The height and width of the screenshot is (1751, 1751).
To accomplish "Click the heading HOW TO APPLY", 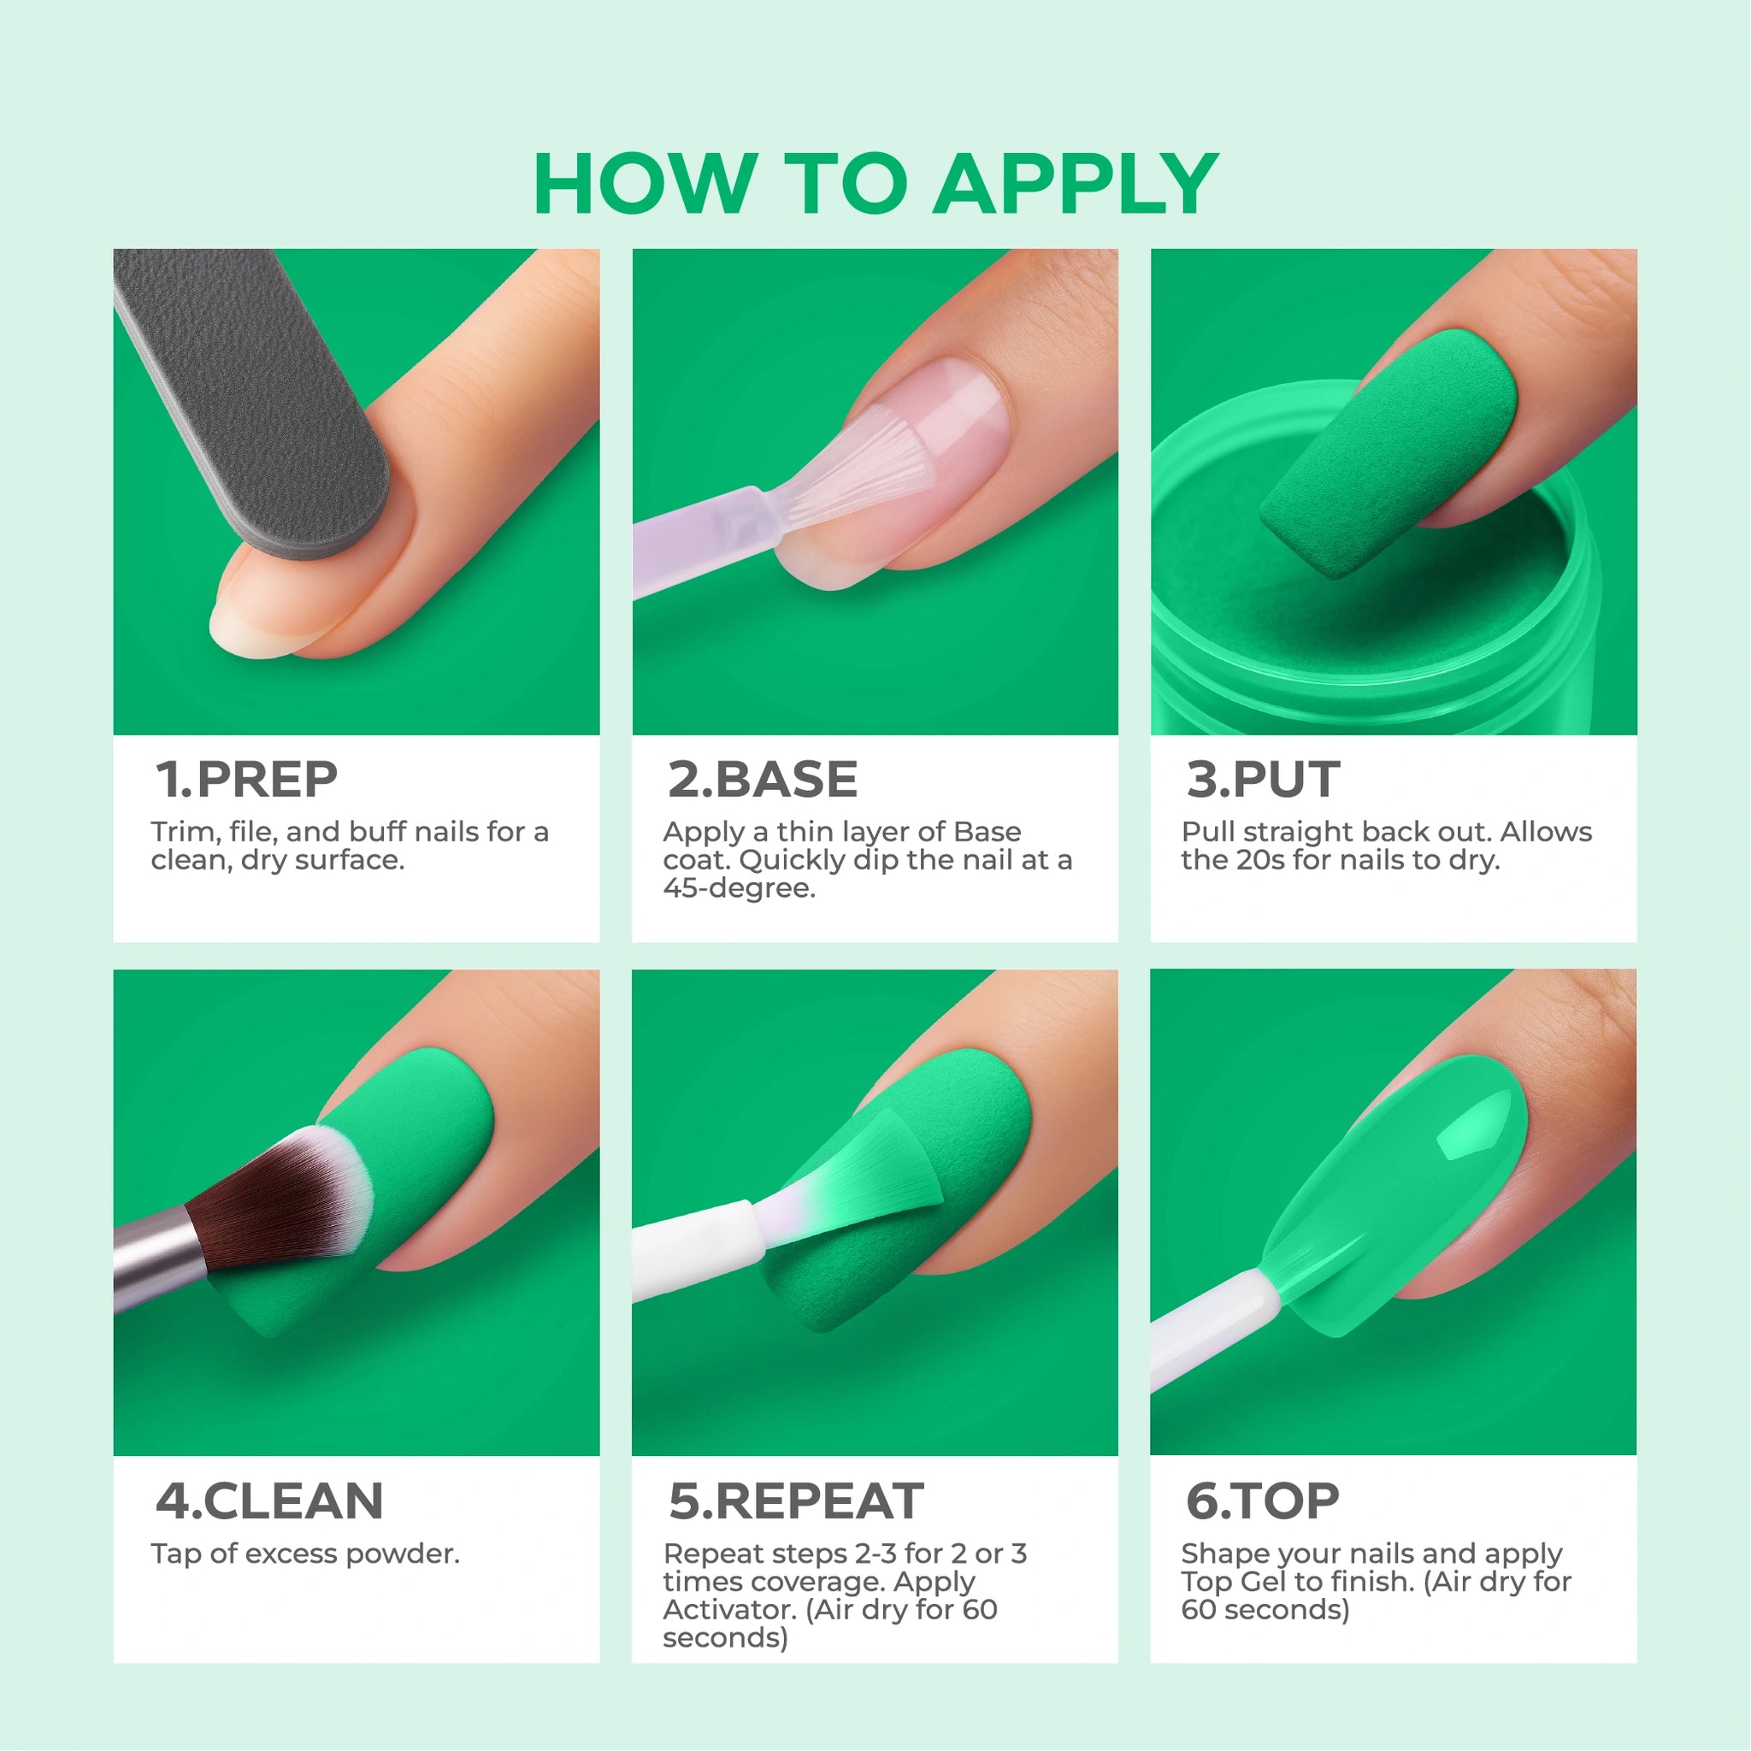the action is coord(875,184).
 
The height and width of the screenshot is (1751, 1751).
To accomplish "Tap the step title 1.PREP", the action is coord(246,780).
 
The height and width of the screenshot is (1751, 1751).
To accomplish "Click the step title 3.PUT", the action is coord(1263,780).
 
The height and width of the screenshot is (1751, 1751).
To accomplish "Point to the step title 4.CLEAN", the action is coord(269,1500).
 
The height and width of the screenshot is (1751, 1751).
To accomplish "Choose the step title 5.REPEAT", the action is coord(796,1500).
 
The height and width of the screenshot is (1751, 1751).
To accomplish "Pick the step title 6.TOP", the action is coord(1263,1500).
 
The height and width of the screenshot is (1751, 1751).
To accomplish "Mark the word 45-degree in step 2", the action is coord(739,888).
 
